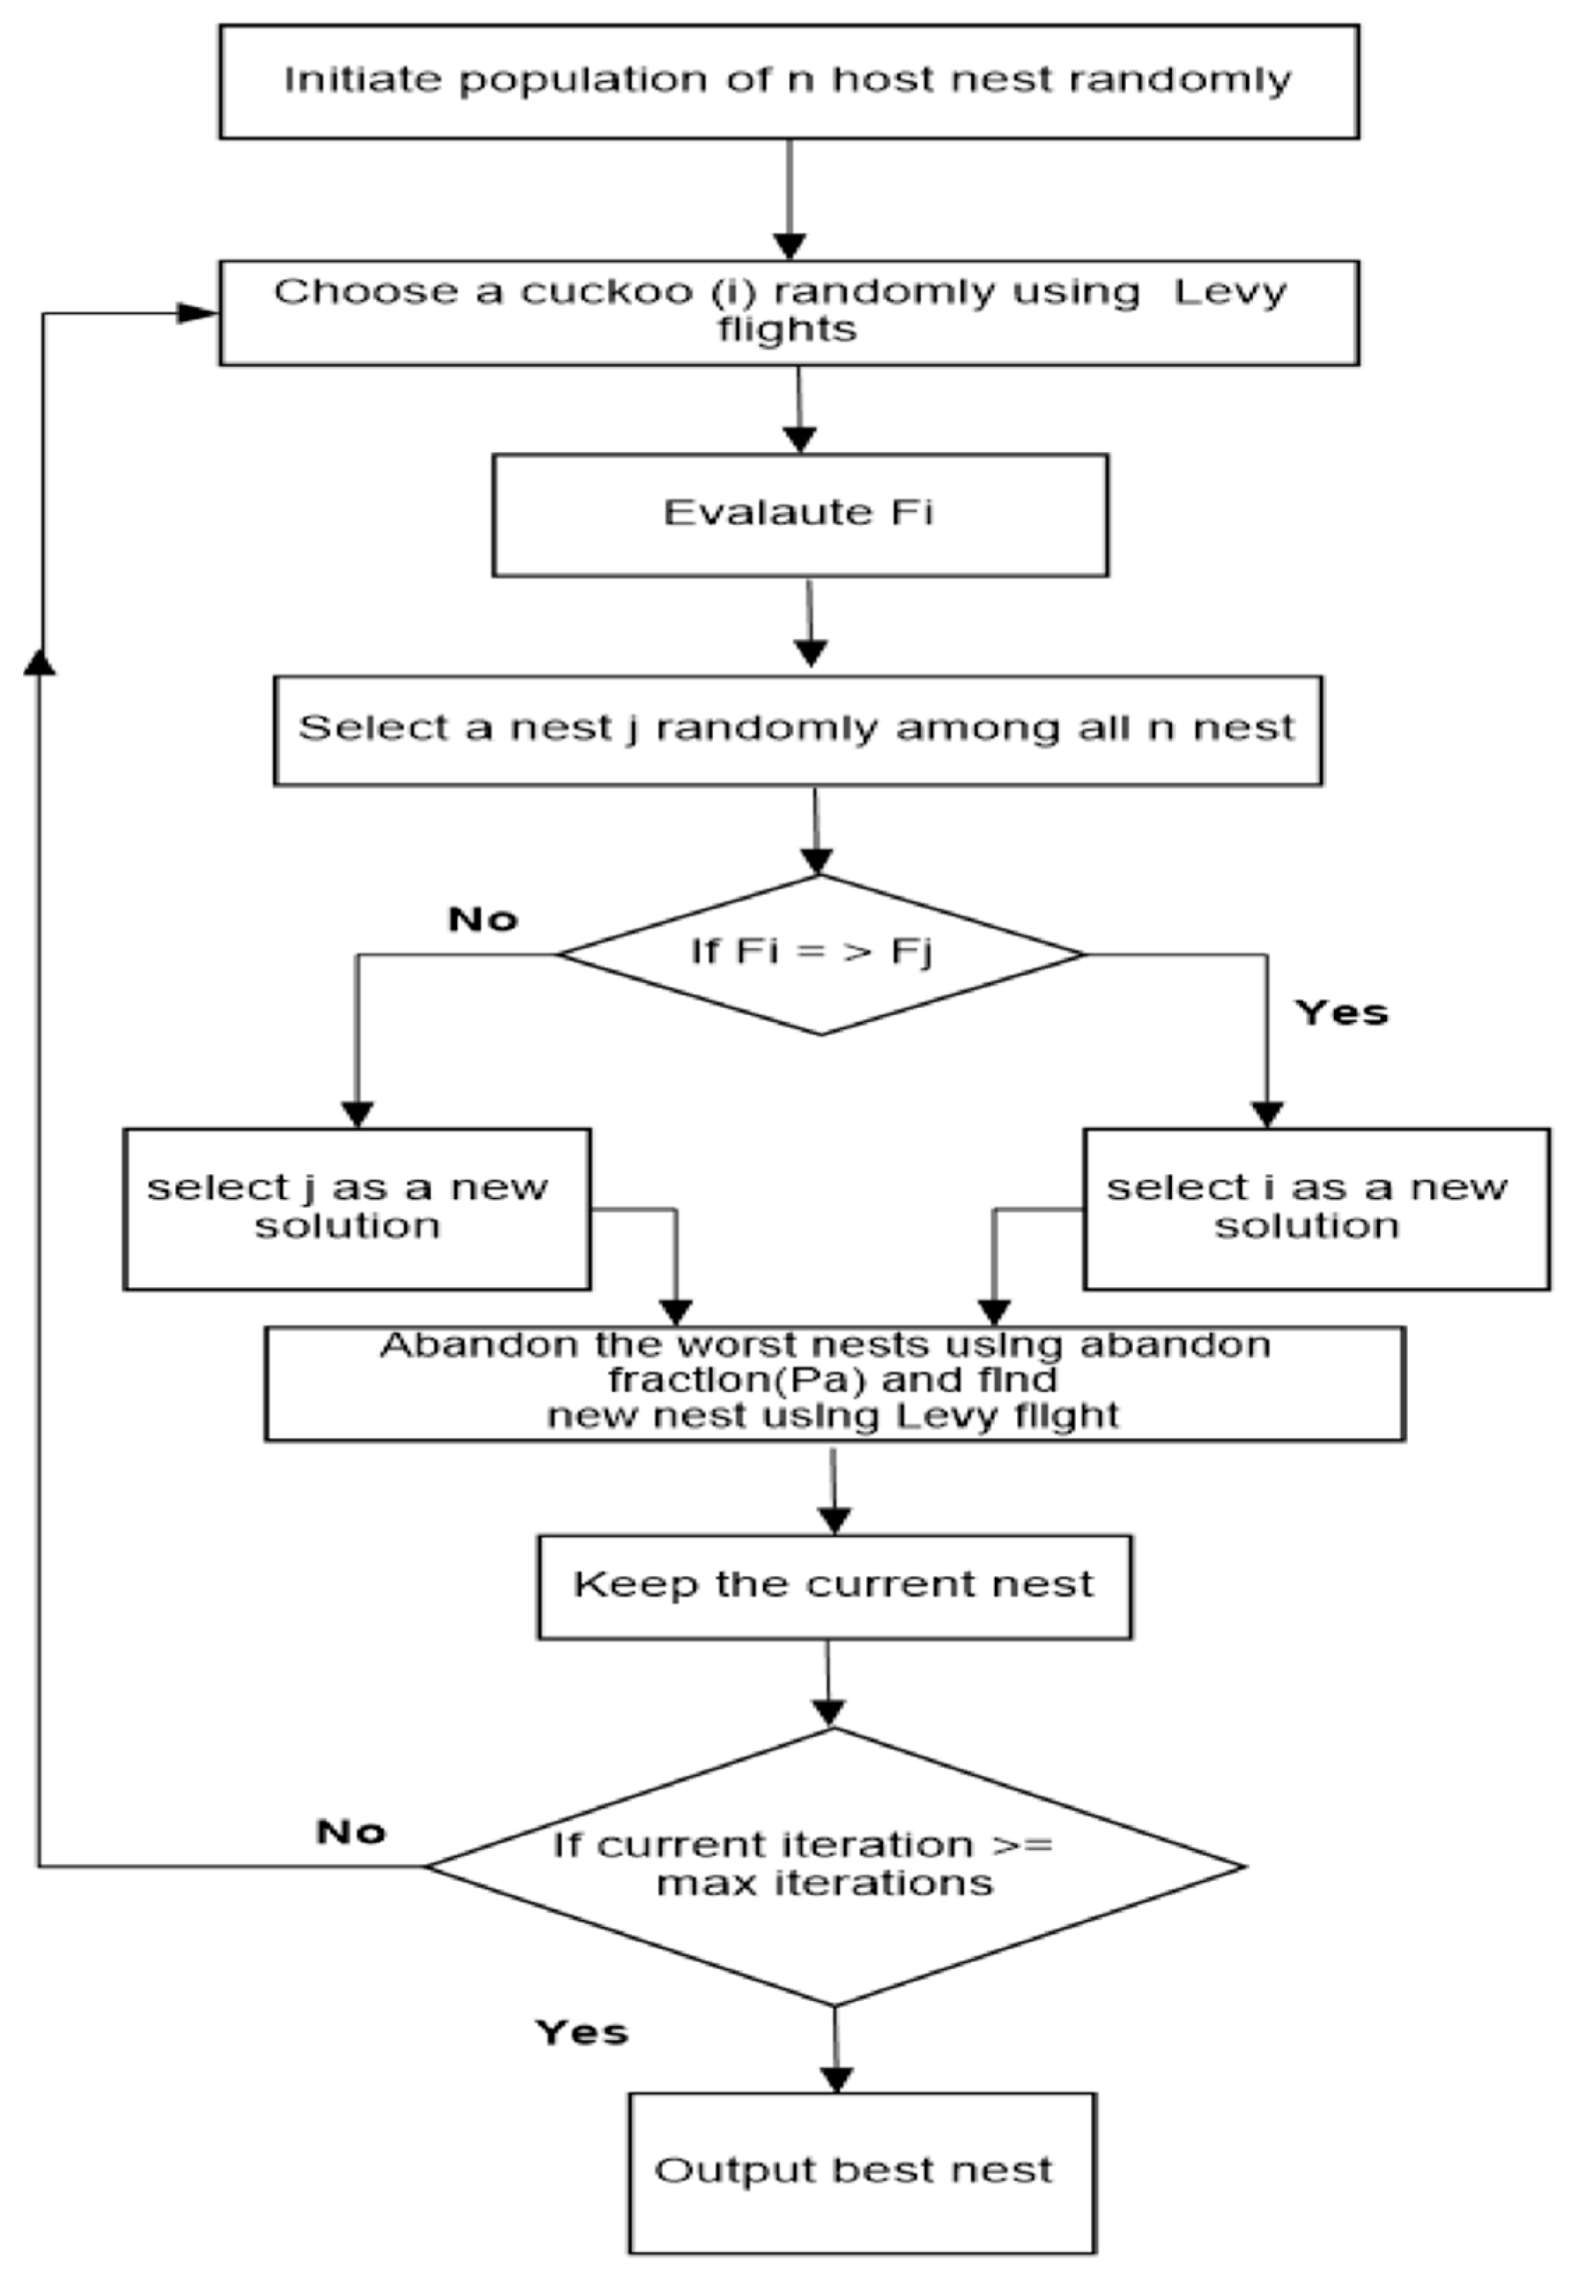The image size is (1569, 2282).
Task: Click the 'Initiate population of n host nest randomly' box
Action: pos(788,82)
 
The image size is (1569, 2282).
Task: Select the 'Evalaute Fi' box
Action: pos(799,514)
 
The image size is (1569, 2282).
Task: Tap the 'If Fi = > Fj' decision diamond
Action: pos(819,954)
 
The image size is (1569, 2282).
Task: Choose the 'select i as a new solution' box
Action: pos(1315,1208)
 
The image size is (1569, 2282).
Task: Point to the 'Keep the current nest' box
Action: pos(834,1586)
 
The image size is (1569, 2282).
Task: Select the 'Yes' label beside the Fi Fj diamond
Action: pos(1341,1013)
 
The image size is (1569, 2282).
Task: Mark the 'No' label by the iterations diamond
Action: pos(351,1832)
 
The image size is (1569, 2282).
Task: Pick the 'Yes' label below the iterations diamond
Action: pos(581,2032)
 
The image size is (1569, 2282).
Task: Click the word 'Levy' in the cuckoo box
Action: pos(1229,292)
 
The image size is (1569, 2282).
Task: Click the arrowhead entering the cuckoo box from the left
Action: pos(197,314)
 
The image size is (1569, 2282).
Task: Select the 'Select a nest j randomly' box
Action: pos(797,730)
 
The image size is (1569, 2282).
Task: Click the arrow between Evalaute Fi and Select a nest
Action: pos(809,625)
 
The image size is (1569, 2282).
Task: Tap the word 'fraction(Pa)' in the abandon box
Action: pos(735,1381)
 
